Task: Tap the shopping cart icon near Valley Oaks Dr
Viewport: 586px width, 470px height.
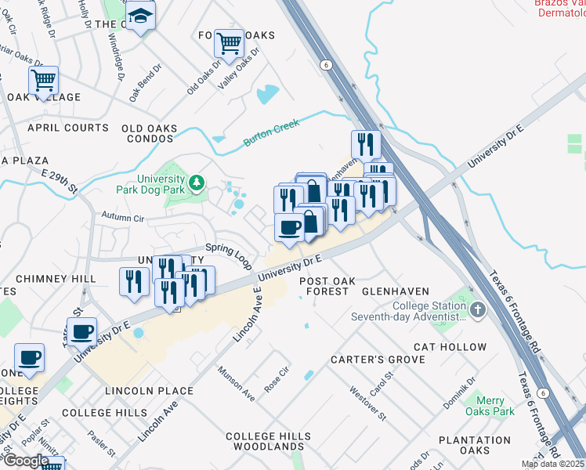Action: point(229,44)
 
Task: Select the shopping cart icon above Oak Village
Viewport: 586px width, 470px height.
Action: point(44,79)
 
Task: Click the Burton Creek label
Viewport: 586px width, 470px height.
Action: point(272,132)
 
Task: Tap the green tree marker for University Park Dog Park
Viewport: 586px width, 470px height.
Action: point(196,183)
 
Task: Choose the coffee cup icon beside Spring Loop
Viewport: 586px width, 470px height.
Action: point(289,228)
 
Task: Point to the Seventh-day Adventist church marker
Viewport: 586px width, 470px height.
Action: point(478,310)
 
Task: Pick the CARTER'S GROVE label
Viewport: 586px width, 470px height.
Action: point(377,360)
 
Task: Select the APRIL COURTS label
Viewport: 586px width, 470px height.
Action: point(68,128)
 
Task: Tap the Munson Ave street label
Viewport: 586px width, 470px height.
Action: point(237,384)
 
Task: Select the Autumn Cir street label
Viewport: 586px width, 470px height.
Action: point(124,218)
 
